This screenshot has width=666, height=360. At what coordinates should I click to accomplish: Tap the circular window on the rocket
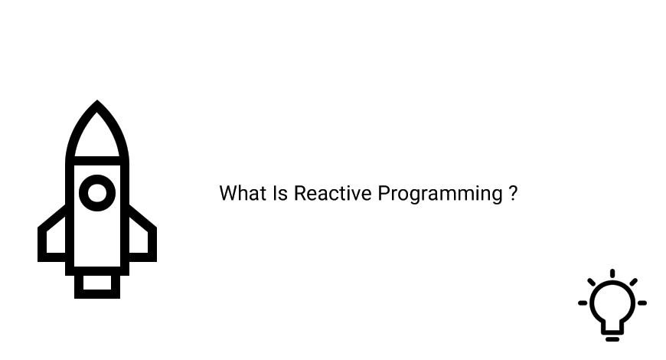click(x=97, y=192)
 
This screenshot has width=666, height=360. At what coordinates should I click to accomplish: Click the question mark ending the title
click(x=513, y=193)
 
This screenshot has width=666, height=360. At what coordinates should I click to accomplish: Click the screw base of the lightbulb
click(x=612, y=334)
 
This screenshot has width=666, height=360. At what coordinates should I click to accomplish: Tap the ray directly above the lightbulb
click(x=612, y=273)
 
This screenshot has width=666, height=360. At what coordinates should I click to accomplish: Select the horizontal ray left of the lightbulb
click(x=583, y=303)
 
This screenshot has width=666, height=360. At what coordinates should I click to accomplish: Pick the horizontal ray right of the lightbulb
click(x=642, y=303)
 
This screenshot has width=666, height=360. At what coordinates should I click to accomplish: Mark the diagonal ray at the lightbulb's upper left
click(x=592, y=282)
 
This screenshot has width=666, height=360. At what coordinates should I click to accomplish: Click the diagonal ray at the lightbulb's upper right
click(x=633, y=282)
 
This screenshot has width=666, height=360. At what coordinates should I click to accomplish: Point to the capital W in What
click(x=227, y=193)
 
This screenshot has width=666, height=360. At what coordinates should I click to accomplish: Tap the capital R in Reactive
click(x=299, y=193)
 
